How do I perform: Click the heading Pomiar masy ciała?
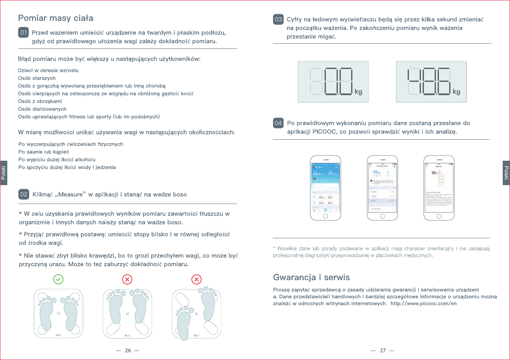[x=55, y=18]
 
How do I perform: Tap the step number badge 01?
[x=24, y=33]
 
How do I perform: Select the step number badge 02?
[x=24, y=194]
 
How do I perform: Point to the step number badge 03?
[x=278, y=19]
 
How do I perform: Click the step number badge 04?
[x=278, y=123]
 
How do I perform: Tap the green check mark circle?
[x=58, y=279]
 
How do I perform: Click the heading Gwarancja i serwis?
[x=311, y=277]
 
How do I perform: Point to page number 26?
[x=128, y=351]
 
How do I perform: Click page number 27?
[x=382, y=351]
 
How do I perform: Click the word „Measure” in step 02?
[x=70, y=195]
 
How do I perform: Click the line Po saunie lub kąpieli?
[x=44, y=152]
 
